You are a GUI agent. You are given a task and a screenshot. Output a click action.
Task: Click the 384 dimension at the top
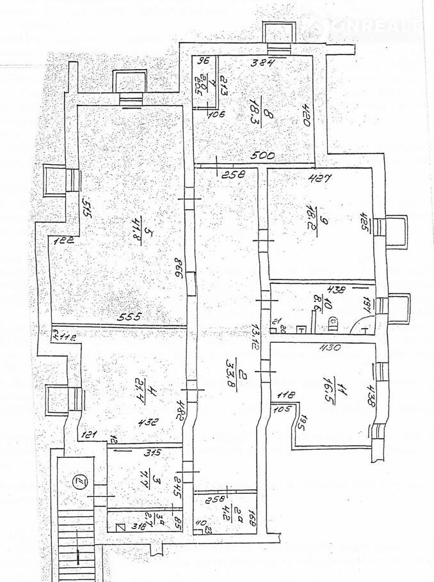pyautogui.click(x=262, y=63)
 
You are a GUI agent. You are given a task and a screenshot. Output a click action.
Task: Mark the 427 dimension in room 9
pyautogui.click(x=318, y=178)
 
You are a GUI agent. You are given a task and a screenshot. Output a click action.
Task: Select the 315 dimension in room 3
pyautogui.click(x=150, y=453)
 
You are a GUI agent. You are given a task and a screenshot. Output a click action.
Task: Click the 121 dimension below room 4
pyautogui.click(x=88, y=435)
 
